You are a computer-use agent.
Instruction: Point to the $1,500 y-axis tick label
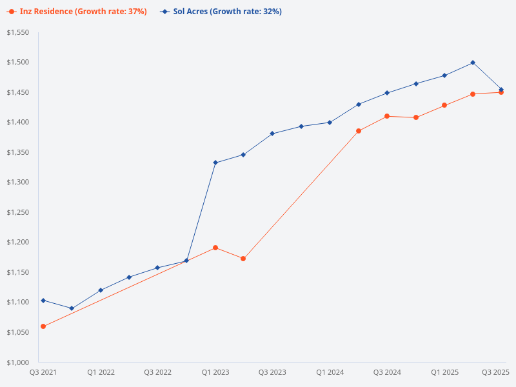pos(19,63)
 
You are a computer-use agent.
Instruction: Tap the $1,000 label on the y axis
pos(19,362)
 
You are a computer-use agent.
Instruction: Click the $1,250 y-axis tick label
pos(19,212)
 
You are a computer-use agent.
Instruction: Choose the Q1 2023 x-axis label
pos(215,372)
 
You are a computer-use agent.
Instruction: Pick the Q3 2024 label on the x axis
pos(387,372)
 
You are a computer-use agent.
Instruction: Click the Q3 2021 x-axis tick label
pos(43,372)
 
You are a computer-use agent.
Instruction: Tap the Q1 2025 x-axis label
pos(444,372)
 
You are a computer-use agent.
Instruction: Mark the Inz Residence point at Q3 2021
pos(43,326)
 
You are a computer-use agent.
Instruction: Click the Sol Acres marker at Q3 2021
pos(43,301)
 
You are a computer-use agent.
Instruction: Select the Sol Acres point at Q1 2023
pos(215,163)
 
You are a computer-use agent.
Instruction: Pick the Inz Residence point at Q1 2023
pos(215,248)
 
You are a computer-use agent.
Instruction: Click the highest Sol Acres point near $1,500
pos(473,63)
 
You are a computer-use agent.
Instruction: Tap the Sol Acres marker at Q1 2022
pos(101,290)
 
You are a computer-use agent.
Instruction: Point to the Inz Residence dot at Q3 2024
pos(387,116)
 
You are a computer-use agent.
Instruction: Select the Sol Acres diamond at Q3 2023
pos(272,134)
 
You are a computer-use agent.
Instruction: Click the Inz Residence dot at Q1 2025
pos(444,105)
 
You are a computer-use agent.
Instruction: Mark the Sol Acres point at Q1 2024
pos(330,123)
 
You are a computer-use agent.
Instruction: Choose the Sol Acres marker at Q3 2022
pos(157,268)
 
